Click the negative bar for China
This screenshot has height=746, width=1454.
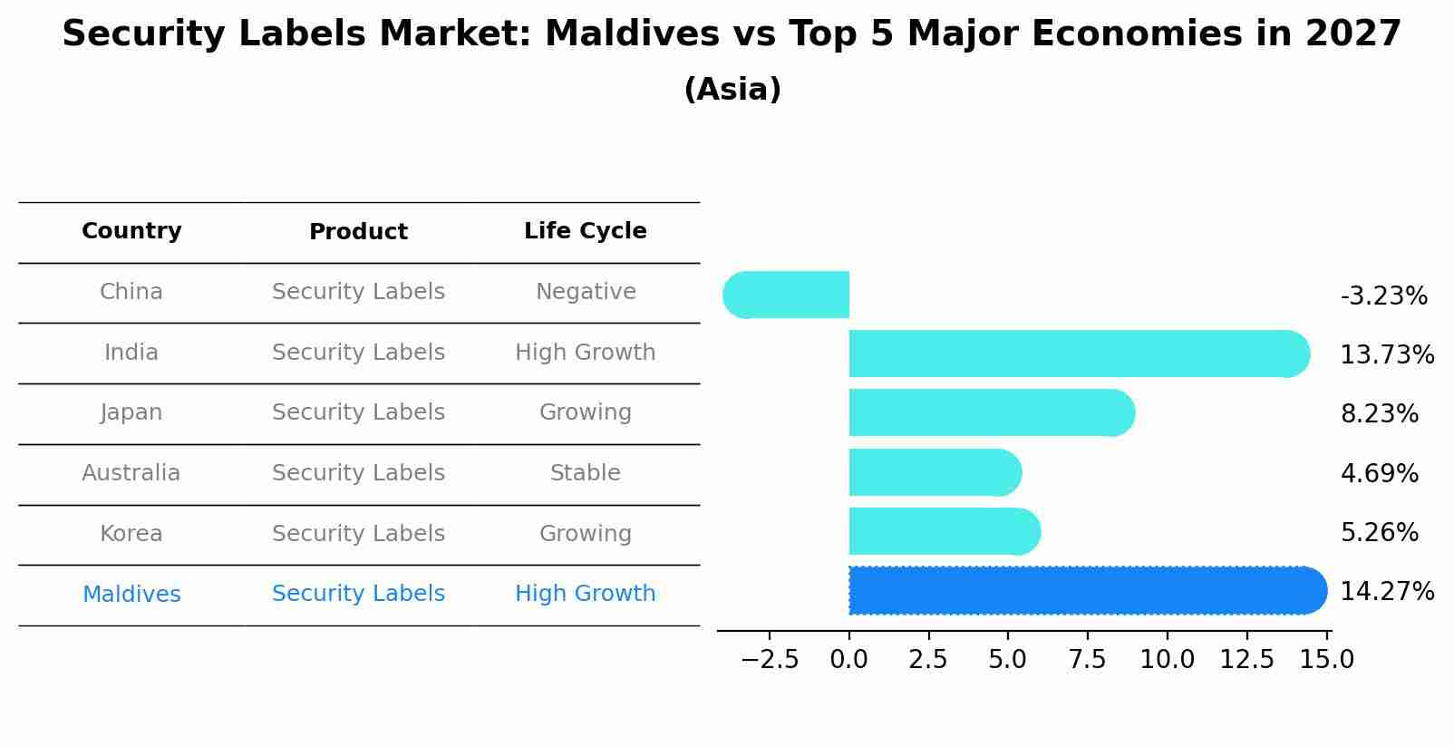coord(787,295)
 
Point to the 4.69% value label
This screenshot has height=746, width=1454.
coord(1379,473)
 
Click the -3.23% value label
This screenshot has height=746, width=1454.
coord(1383,296)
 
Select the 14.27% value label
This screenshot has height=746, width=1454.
coord(1387,592)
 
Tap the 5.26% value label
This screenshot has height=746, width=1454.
coord(1379,532)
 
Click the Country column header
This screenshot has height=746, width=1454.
coord(131,231)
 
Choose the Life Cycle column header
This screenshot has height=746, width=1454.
coord(585,231)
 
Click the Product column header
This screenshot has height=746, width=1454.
coord(358,232)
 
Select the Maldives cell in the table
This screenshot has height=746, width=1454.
coord(131,595)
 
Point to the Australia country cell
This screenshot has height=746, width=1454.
coord(131,473)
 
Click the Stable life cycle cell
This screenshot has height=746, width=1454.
coord(585,473)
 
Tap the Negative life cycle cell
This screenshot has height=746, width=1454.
coord(585,292)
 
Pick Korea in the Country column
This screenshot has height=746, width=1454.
coord(131,534)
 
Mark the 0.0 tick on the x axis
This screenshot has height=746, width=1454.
coord(848,660)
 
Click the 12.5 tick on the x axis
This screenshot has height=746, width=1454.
coord(1246,660)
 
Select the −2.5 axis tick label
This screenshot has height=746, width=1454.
coord(770,660)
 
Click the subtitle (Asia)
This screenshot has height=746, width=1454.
coord(732,90)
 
